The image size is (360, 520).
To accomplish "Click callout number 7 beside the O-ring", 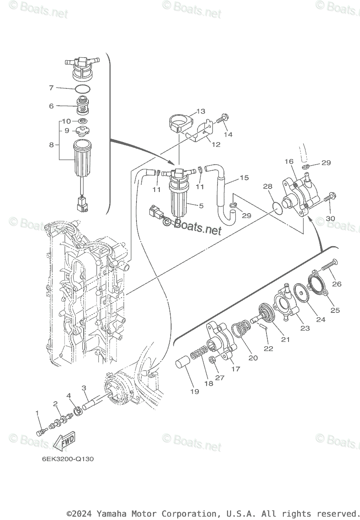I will (51, 88).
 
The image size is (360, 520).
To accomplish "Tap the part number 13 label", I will (201, 111).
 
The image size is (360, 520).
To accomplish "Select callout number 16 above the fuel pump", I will (289, 161).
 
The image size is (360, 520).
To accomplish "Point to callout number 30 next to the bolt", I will (330, 218).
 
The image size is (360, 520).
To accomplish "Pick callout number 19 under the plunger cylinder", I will (195, 391).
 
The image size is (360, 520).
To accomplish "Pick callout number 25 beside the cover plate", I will (335, 310).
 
